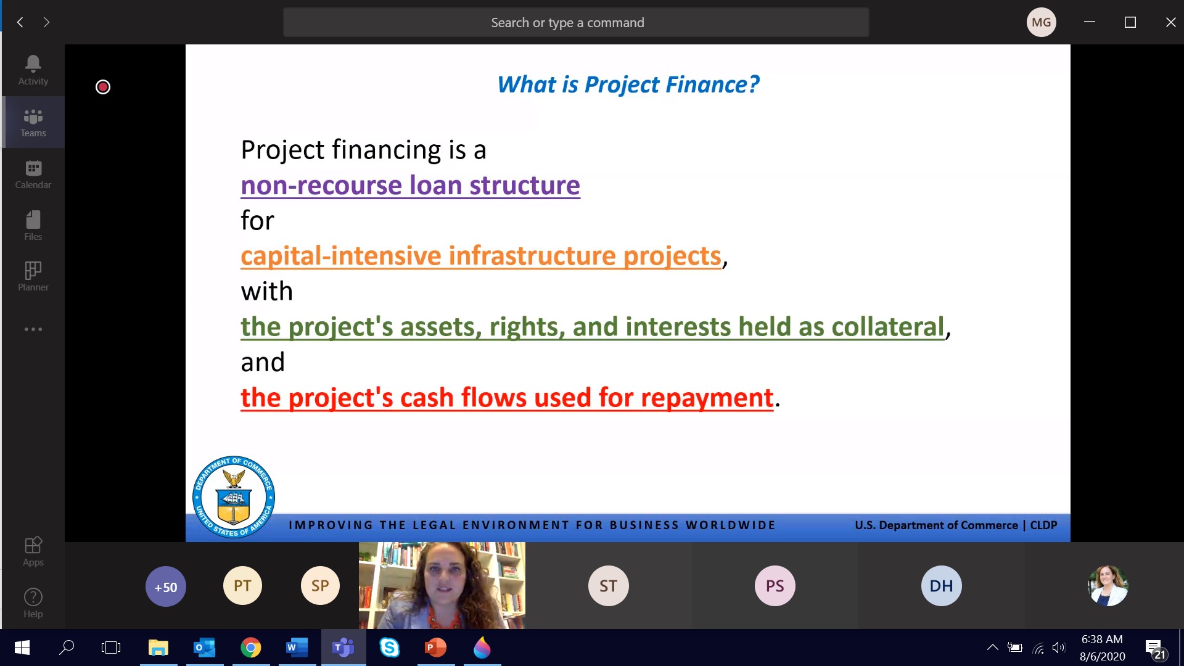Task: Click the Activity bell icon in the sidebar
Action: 33,63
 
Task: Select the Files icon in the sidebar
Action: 33,220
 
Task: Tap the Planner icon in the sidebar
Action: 33,270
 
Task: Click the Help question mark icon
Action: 33,597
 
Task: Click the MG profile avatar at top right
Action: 1042,22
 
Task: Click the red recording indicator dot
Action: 103,87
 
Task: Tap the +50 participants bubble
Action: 166,586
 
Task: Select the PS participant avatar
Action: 775,586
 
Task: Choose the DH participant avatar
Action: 942,586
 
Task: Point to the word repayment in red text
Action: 707,398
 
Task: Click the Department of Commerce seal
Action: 234,496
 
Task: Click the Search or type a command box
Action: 576,22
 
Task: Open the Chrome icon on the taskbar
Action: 251,647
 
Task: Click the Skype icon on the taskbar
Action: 390,647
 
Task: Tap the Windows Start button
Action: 22,647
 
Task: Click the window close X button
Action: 1170,22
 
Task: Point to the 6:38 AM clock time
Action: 1102,639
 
